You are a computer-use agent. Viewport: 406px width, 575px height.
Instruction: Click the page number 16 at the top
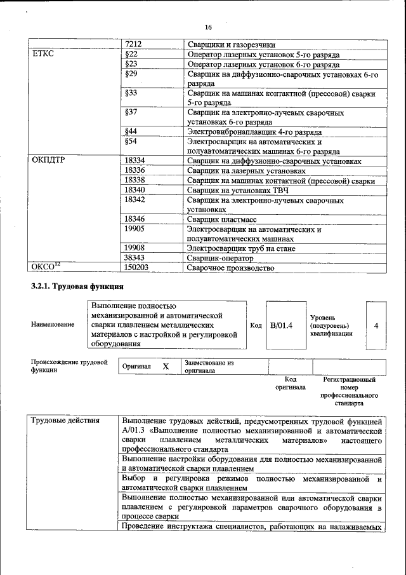pyautogui.click(x=208, y=27)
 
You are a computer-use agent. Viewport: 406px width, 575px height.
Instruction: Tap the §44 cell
pyautogui.click(x=132, y=132)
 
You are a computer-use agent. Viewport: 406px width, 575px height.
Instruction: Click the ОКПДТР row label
pyautogui.click(x=48, y=161)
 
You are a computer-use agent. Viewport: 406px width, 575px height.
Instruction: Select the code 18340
pyautogui.click(x=134, y=190)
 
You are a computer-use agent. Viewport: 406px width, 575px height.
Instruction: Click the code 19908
pyautogui.click(x=134, y=248)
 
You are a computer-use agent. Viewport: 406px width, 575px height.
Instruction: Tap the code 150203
pyautogui.click(x=136, y=268)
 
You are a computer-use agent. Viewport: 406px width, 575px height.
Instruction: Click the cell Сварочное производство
pyautogui.click(x=231, y=268)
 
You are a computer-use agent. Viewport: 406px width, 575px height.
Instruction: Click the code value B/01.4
pyautogui.click(x=281, y=325)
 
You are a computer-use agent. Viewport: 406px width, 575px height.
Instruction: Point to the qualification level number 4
pyautogui.click(x=376, y=325)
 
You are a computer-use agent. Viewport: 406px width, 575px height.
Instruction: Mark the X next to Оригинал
pyautogui.click(x=166, y=367)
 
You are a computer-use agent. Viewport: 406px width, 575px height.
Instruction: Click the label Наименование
pyautogui.click(x=53, y=325)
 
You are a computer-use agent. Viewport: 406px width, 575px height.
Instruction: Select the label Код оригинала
pyautogui.click(x=291, y=382)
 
